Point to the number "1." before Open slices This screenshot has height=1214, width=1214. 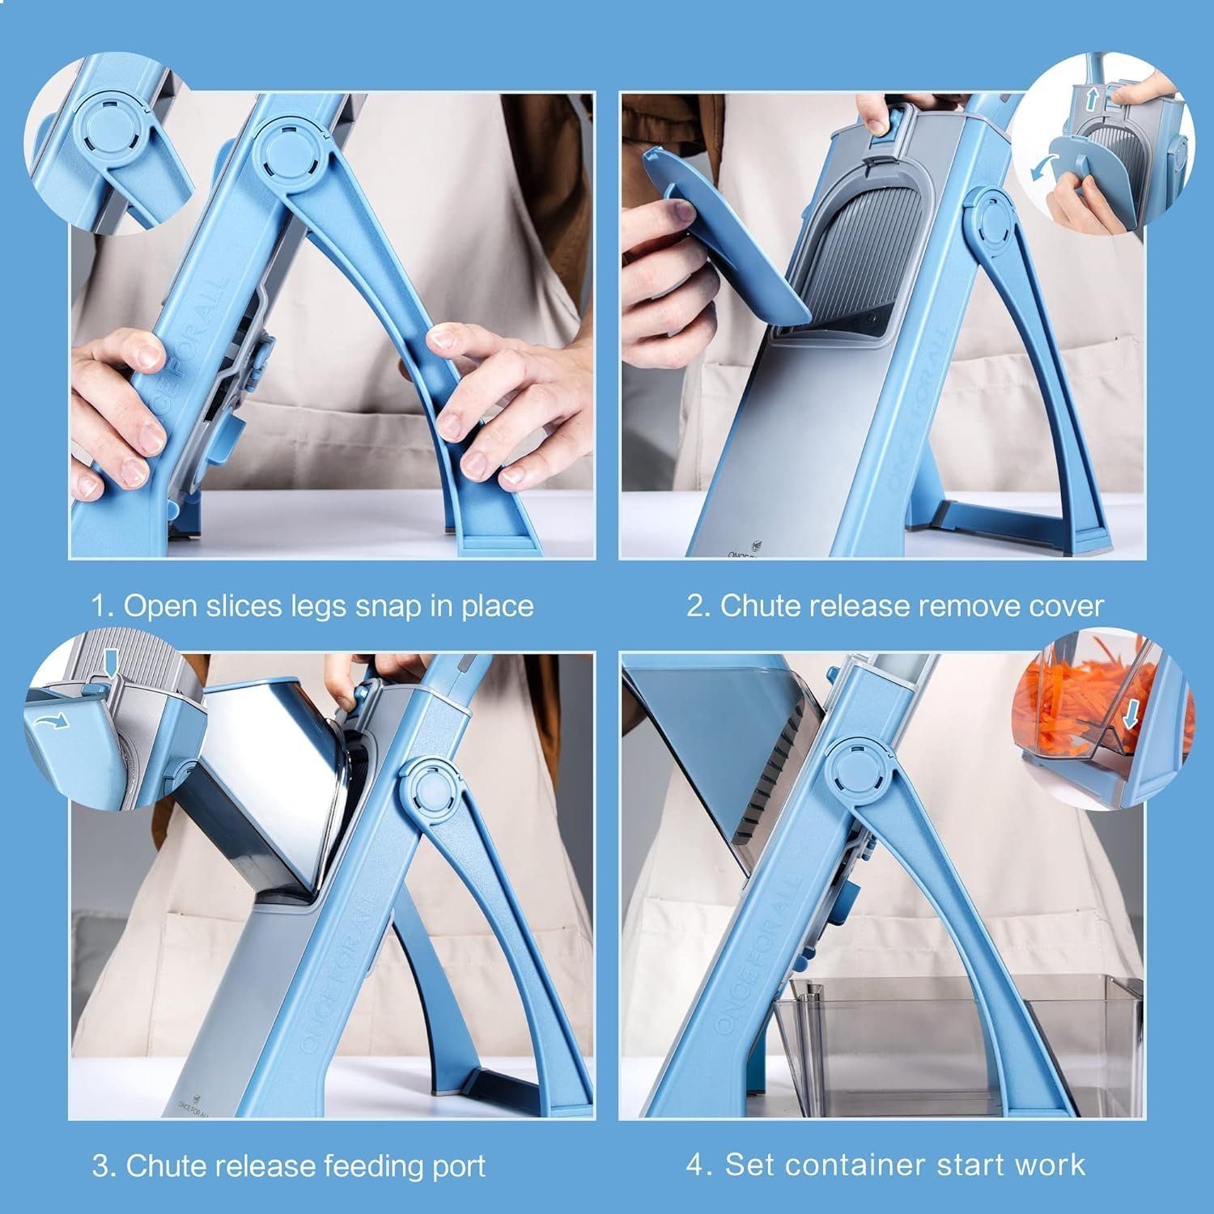pos(103,606)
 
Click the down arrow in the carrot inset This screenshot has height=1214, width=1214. pos(1130,713)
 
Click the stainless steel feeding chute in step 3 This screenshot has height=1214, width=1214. pos(267,777)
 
